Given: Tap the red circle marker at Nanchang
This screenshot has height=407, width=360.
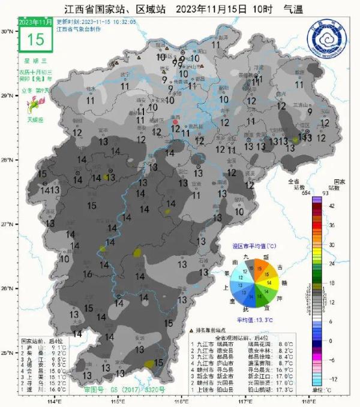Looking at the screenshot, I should tap(176, 121).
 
